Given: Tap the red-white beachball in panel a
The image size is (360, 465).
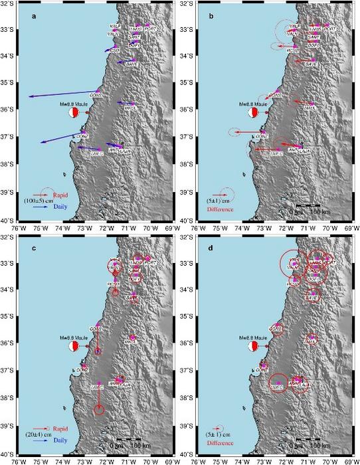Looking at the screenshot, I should [x=74, y=113].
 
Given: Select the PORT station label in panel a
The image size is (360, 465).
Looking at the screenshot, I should [x=152, y=30].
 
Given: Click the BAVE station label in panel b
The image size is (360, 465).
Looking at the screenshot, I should [x=310, y=64].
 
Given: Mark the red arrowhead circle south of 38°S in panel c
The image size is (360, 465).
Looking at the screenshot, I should [x=99, y=410].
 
